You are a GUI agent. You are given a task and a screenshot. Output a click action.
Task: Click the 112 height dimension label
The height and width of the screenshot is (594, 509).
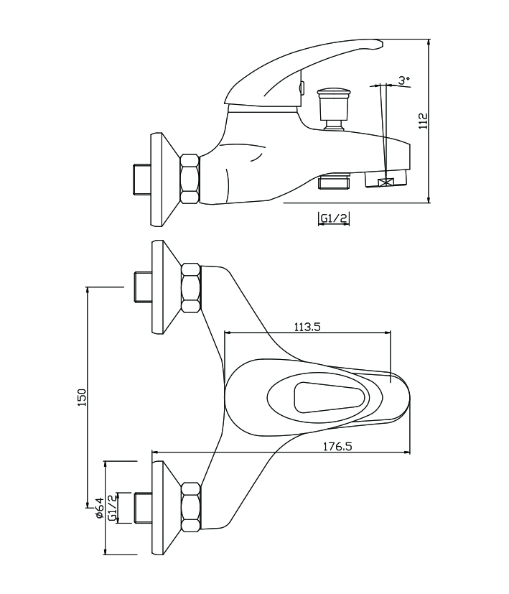(x=424, y=120)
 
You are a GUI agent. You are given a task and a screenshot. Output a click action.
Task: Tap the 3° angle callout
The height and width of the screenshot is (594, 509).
(x=405, y=81)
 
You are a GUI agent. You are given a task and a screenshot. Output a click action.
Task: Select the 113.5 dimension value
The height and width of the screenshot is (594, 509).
(x=307, y=326)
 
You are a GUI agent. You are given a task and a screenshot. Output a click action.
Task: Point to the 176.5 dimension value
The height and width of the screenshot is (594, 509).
(x=338, y=446)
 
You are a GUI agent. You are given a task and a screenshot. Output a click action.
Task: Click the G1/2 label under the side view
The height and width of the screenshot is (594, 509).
(x=334, y=218)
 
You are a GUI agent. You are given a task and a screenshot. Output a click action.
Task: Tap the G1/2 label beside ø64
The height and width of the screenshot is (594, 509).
(x=113, y=507)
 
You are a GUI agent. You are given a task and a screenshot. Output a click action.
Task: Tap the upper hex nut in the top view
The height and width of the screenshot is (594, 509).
(x=192, y=287)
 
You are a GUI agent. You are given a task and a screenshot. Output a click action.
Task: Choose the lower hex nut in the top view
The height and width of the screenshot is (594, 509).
(x=192, y=506)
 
